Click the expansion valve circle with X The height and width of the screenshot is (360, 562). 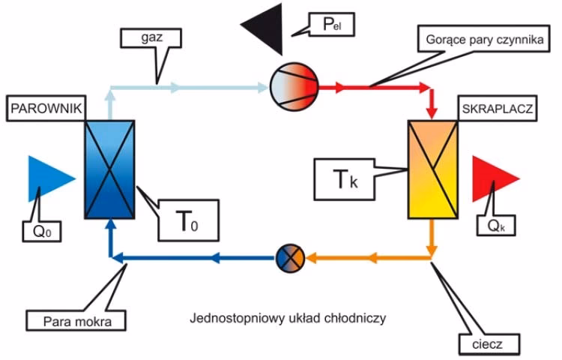click(290, 258)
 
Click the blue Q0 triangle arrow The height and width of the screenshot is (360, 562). click(49, 179)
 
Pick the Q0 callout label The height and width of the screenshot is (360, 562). click(40, 231)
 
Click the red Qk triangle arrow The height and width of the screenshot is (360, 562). click(493, 180)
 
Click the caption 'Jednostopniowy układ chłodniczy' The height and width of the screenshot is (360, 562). click(287, 318)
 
